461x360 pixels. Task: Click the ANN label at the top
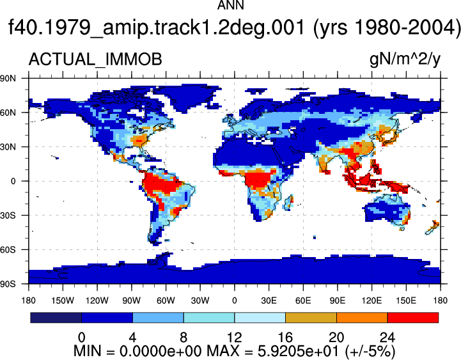(230, 5)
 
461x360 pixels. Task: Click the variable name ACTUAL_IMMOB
(95, 59)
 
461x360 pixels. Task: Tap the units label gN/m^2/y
(405, 59)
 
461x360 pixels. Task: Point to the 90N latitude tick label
(8, 78)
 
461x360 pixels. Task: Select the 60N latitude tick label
(8, 113)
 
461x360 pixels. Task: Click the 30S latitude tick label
(8, 215)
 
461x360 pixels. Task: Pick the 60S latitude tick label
(8, 250)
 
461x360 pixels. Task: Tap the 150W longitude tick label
(63, 301)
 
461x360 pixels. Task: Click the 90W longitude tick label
(132, 301)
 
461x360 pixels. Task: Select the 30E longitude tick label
(269, 301)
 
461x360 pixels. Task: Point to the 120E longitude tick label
(371, 301)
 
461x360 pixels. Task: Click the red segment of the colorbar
(413, 318)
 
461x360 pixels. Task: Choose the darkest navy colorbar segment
(56, 318)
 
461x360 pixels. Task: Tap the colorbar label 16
(285, 337)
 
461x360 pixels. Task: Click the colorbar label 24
(387, 337)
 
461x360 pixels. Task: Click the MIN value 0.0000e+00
(160, 351)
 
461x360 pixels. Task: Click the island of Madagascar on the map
(288, 202)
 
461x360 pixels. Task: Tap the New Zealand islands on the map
(432, 228)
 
